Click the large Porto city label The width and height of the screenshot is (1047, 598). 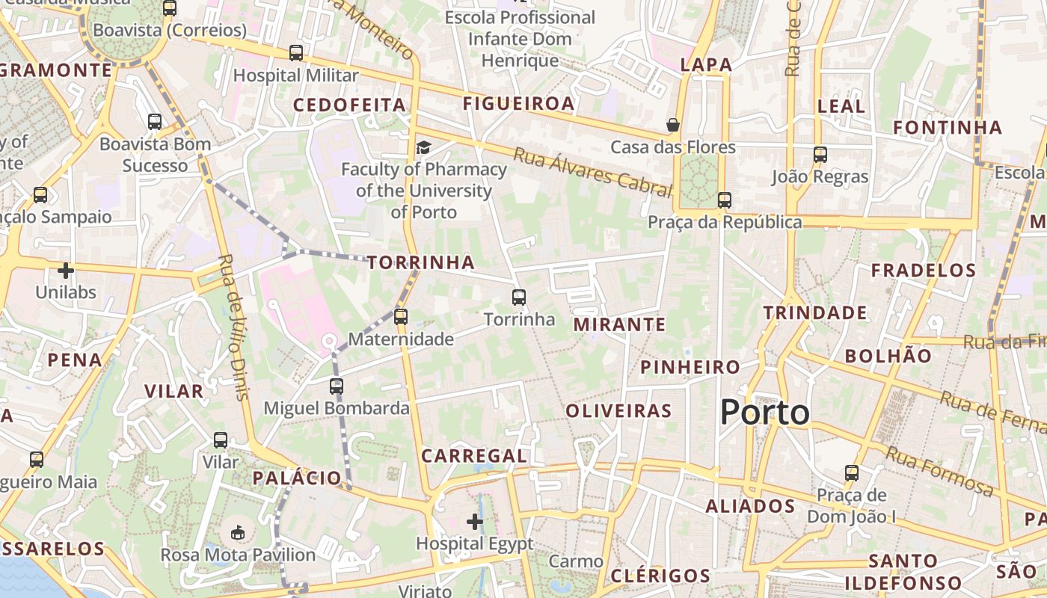click(x=764, y=413)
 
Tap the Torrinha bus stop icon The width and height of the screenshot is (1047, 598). click(x=519, y=298)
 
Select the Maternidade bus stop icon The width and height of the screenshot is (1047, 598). click(x=401, y=316)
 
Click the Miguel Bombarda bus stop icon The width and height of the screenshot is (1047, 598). click(x=337, y=386)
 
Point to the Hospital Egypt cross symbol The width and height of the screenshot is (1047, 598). click(x=475, y=521)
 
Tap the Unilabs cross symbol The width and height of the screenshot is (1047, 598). click(x=66, y=270)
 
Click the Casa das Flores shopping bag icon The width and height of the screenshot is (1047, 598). click(x=673, y=125)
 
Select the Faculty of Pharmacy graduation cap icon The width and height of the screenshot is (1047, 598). click(x=423, y=147)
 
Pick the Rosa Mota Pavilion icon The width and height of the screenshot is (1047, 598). click(x=238, y=532)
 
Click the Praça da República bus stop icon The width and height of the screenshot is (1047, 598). click(x=724, y=200)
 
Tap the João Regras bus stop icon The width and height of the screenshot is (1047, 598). click(x=820, y=155)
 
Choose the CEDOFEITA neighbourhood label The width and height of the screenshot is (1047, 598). click(x=349, y=105)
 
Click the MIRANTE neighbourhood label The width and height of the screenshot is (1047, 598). click(x=619, y=324)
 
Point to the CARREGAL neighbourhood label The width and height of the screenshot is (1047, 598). click(x=474, y=456)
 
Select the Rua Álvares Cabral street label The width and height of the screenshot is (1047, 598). click(x=592, y=172)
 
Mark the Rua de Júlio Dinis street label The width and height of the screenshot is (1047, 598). click(x=233, y=327)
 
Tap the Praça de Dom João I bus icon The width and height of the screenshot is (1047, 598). click(x=852, y=473)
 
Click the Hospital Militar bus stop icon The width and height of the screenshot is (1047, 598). click(x=296, y=53)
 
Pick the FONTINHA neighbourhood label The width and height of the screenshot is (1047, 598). click(x=948, y=128)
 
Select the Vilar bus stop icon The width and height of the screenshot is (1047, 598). click(x=221, y=440)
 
